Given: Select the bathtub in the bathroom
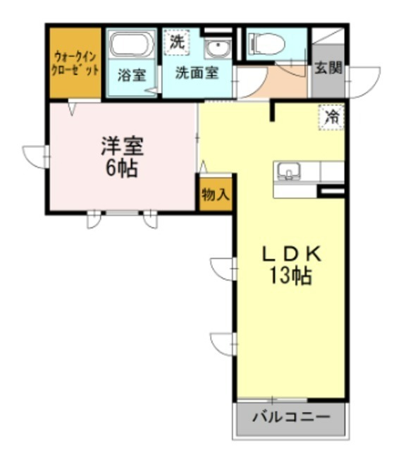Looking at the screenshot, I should click(x=131, y=47).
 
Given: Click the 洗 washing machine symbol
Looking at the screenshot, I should click(x=177, y=42).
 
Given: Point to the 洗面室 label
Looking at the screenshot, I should click(x=197, y=73).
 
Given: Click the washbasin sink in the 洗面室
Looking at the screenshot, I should click(x=218, y=50).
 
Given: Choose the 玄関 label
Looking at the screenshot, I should click(x=328, y=68).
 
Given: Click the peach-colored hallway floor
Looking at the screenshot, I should click(x=271, y=84).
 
